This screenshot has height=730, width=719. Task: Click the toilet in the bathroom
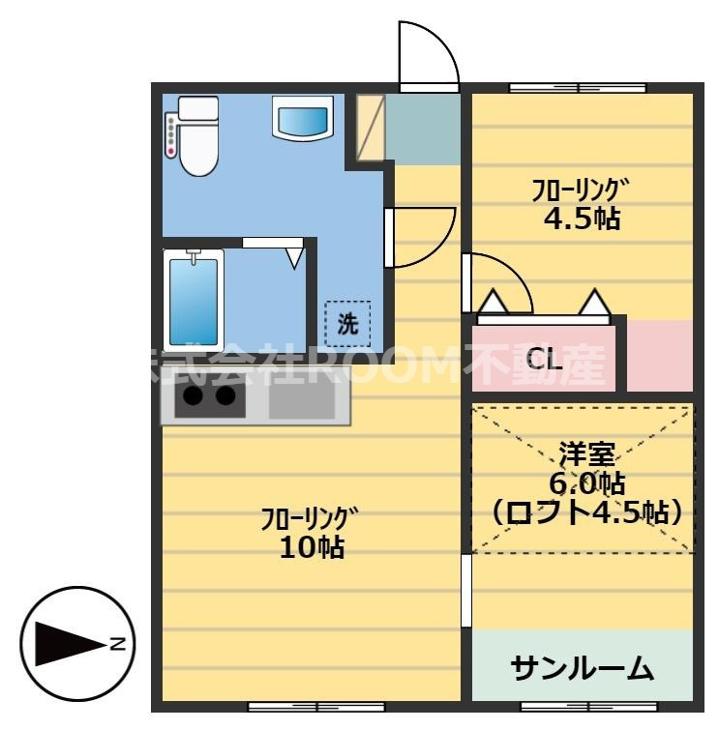pos(198,138)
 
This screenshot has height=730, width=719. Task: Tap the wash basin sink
pos(303,120)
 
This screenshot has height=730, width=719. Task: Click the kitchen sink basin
pos(294,398)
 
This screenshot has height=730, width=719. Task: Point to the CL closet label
pos(544,360)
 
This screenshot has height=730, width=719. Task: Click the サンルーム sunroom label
pos(582,668)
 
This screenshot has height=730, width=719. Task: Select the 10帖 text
pos(313,547)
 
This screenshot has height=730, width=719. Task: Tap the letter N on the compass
pos(116,643)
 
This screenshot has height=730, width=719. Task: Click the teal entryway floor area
pos(423,129)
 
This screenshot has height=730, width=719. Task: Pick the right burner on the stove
pos(225,396)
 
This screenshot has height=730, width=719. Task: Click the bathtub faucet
pos(193,257)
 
